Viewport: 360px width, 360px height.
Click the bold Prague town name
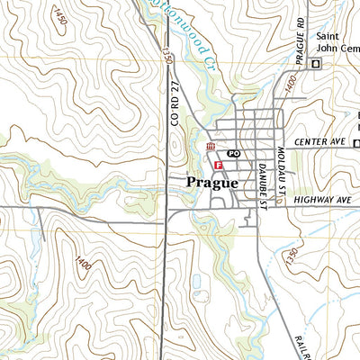pyautogui.click(x=212, y=183)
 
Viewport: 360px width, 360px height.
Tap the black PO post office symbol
pyautogui.click(x=233, y=154)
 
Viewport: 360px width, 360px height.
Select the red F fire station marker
pyautogui.click(x=218, y=165)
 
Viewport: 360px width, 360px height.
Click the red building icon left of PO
pyautogui.click(x=210, y=148)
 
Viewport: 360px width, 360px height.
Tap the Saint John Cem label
pyautogui.click(x=337, y=42)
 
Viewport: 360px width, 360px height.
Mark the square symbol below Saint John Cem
pyautogui.click(x=315, y=63)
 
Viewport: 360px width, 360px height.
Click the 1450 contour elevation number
pyautogui.click(x=59, y=15)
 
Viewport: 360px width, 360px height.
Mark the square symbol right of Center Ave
pyautogui.click(x=355, y=143)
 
